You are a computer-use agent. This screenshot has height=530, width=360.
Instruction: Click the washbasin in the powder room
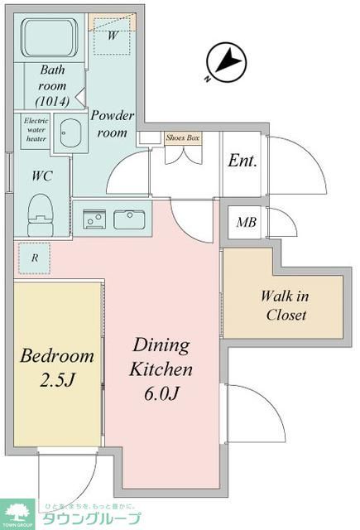70,135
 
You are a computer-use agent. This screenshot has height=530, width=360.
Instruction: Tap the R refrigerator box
34,258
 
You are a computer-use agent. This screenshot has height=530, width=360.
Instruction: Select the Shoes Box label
183,137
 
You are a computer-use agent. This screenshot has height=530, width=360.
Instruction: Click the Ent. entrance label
242,161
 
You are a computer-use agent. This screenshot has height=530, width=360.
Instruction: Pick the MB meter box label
246,222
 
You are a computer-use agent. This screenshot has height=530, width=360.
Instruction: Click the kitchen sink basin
129,219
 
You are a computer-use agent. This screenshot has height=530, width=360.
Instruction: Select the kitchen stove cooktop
93,219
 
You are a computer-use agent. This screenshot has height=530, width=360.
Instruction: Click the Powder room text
110,123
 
